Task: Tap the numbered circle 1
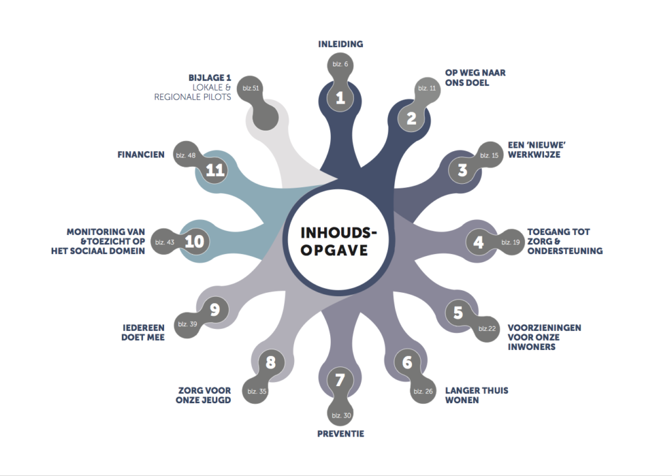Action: pos(341,97)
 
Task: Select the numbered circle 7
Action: pos(340,379)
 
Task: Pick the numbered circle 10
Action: pos(194,241)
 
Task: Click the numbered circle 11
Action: pos(215,170)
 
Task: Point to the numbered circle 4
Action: pos(478,242)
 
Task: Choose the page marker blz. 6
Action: pos(341,64)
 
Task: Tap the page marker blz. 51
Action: pos(251,89)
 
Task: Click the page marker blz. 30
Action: pos(341,415)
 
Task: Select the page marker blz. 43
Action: pos(165,242)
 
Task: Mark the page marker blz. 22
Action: pos(487,328)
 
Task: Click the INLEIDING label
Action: pos(341,44)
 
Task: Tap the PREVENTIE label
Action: pos(341,433)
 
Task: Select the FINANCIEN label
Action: pos(141,154)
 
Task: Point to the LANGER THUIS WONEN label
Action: pos(476,395)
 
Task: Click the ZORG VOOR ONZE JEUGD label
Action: pos(203,395)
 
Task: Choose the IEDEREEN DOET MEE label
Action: pos(143,332)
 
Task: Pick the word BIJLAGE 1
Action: pos(209,77)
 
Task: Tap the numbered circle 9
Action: pos(215,310)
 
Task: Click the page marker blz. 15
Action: pos(490,155)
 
